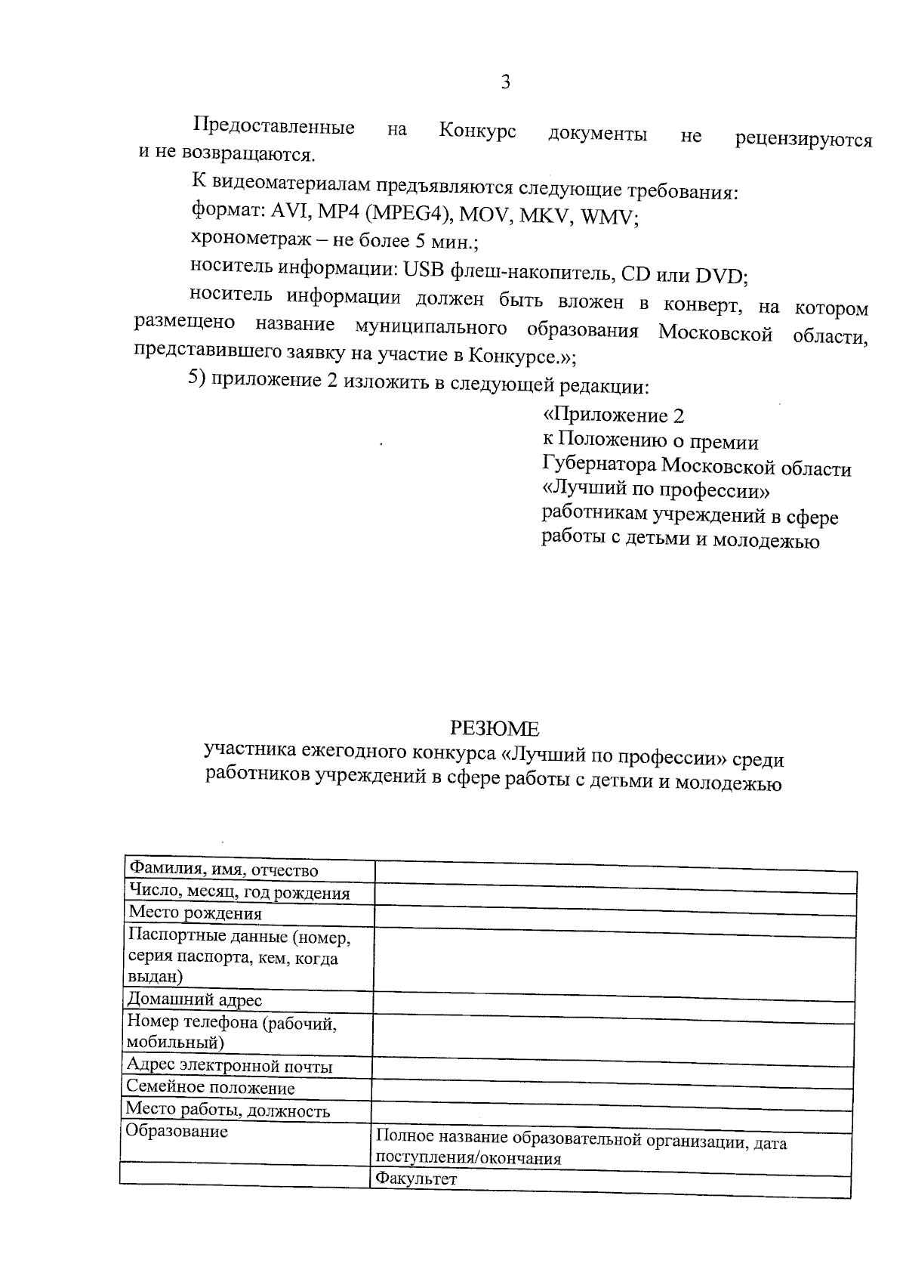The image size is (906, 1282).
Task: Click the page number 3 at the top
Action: [x=505, y=82]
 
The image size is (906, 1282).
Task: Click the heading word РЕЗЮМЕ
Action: [x=495, y=728]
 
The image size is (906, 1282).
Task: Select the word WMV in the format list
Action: [x=608, y=219]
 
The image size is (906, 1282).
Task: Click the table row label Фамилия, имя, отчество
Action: [x=223, y=870]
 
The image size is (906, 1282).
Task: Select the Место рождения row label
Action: [x=196, y=913]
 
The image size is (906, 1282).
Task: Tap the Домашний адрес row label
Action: [x=195, y=999]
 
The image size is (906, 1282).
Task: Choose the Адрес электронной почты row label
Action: [x=230, y=1066]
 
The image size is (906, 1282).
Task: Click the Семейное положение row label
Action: [x=211, y=1088]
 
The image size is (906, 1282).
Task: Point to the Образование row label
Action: [x=177, y=1132]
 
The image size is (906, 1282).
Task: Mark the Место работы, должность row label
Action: [x=227, y=1111]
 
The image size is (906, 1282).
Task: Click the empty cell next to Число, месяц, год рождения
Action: [x=615, y=894]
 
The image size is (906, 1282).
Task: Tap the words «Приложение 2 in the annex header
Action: [x=613, y=415]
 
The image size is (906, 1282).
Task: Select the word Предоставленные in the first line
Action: [x=273, y=126]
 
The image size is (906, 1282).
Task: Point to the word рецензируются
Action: [x=803, y=140]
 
